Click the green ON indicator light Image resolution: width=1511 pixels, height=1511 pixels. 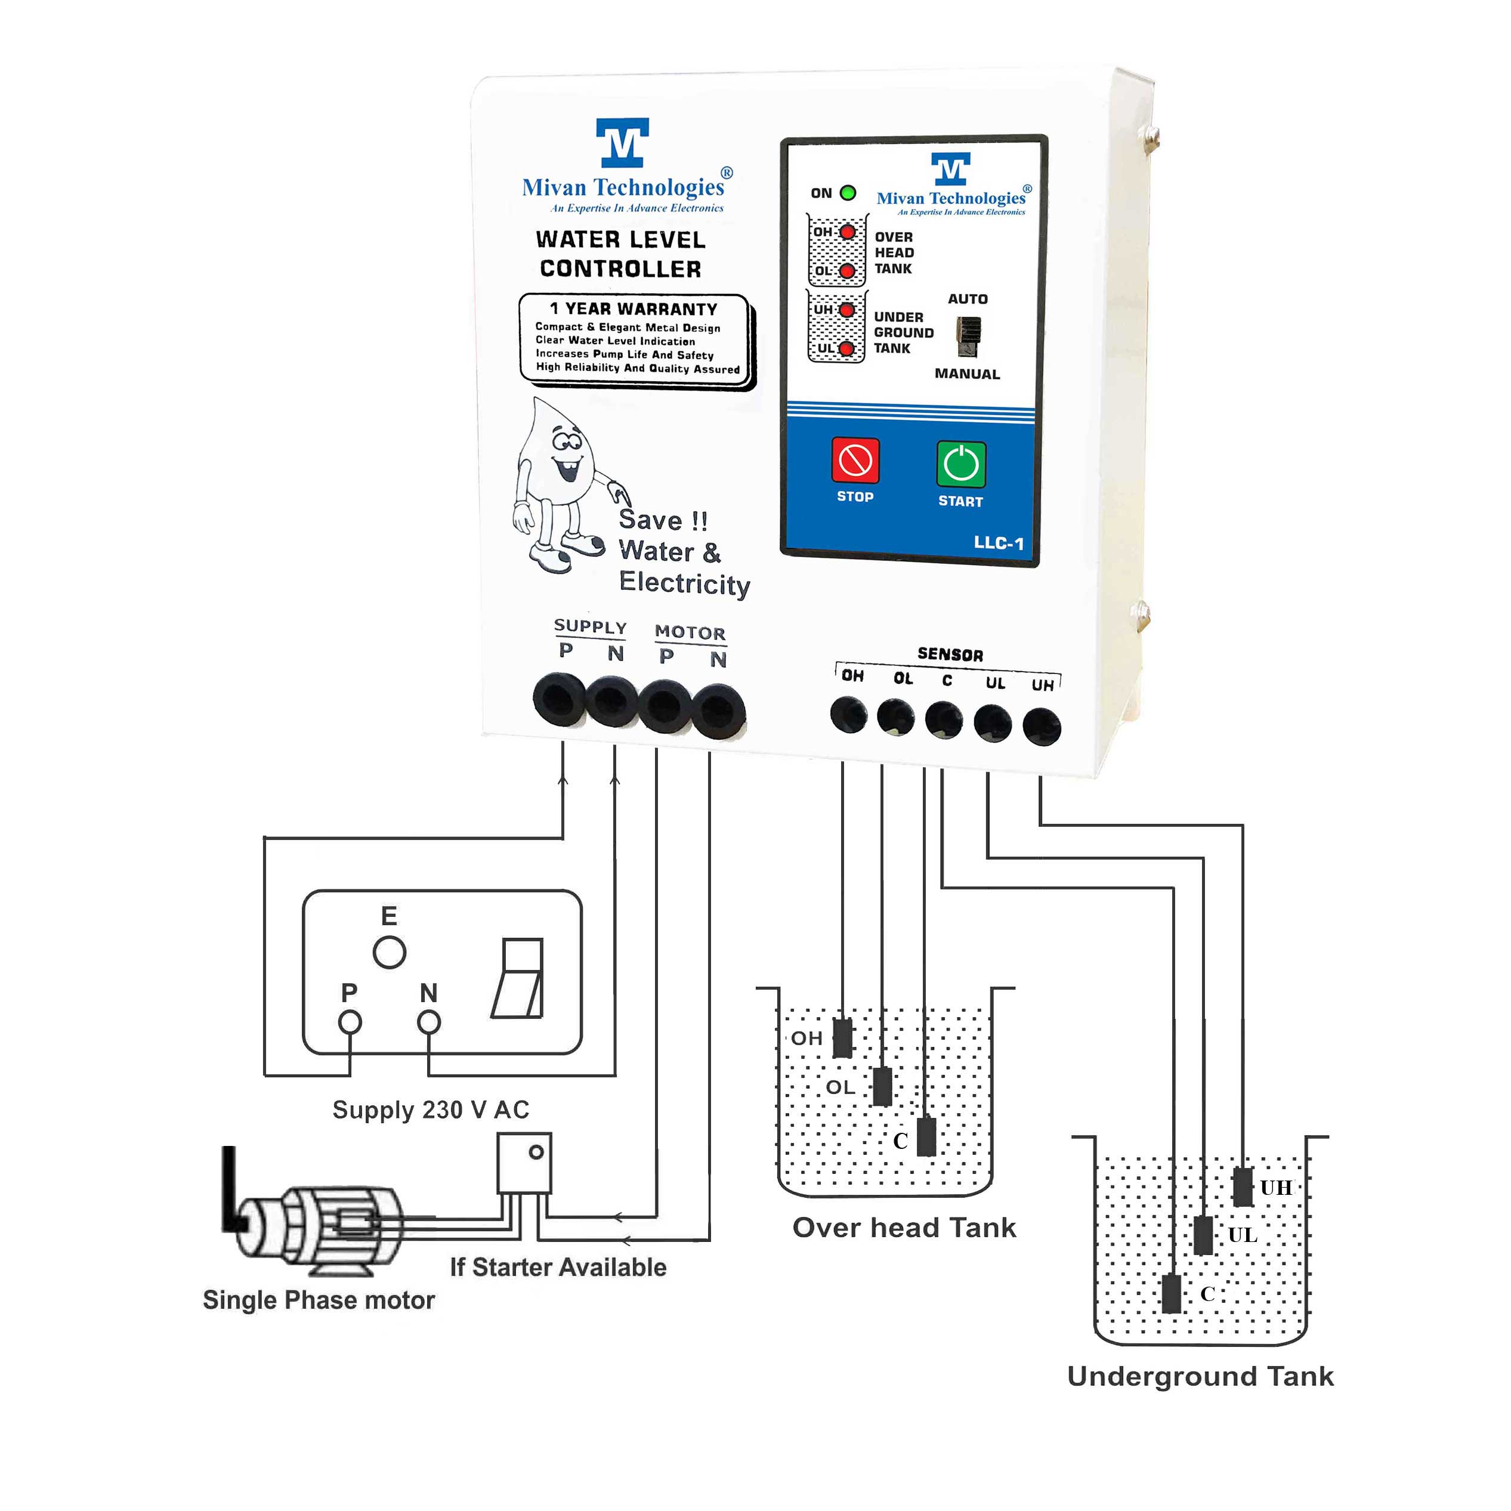(x=848, y=193)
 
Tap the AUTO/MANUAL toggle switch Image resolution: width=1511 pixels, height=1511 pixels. (x=968, y=337)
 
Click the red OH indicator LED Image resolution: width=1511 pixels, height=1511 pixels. (x=847, y=232)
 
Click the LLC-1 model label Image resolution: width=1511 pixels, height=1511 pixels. (x=998, y=543)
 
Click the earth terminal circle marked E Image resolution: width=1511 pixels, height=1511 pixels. (x=389, y=953)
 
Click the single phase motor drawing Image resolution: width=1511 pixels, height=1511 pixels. (x=321, y=1229)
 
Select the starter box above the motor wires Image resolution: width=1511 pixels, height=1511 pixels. (x=524, y=1163)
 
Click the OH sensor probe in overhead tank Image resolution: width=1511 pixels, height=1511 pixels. (x=842, y=1038)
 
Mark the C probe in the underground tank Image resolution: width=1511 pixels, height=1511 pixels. (x=1171, y=1294)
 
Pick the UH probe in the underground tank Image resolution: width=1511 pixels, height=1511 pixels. (x=1243, y=1186)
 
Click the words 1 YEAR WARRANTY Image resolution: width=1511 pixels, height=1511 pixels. (x=633, y=309)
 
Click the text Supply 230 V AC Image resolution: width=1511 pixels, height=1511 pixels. (x=431, y=1109)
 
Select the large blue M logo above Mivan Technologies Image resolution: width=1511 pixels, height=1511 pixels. (x=623, y=143)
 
